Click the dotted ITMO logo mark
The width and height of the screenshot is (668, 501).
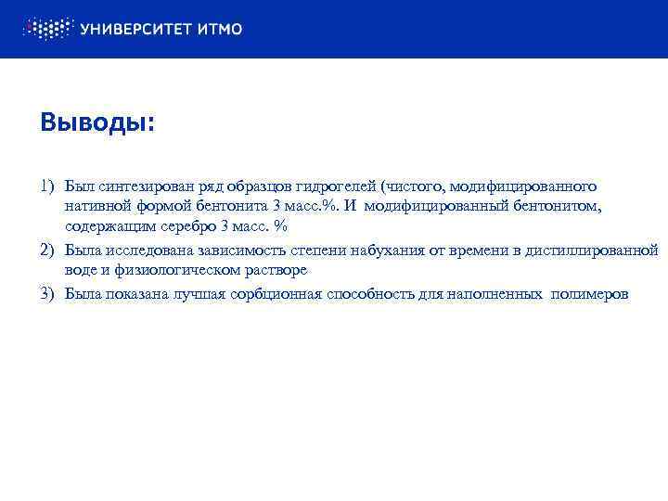[x=45, y=28]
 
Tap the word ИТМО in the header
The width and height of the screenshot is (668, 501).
[x=221, y=29]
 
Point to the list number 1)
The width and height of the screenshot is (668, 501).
[x=49, y=187]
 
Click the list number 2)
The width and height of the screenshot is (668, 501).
[x=49, y=250]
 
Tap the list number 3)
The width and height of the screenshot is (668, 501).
[x=49, y=294]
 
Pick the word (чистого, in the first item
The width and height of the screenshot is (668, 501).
[x=411, y=187]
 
